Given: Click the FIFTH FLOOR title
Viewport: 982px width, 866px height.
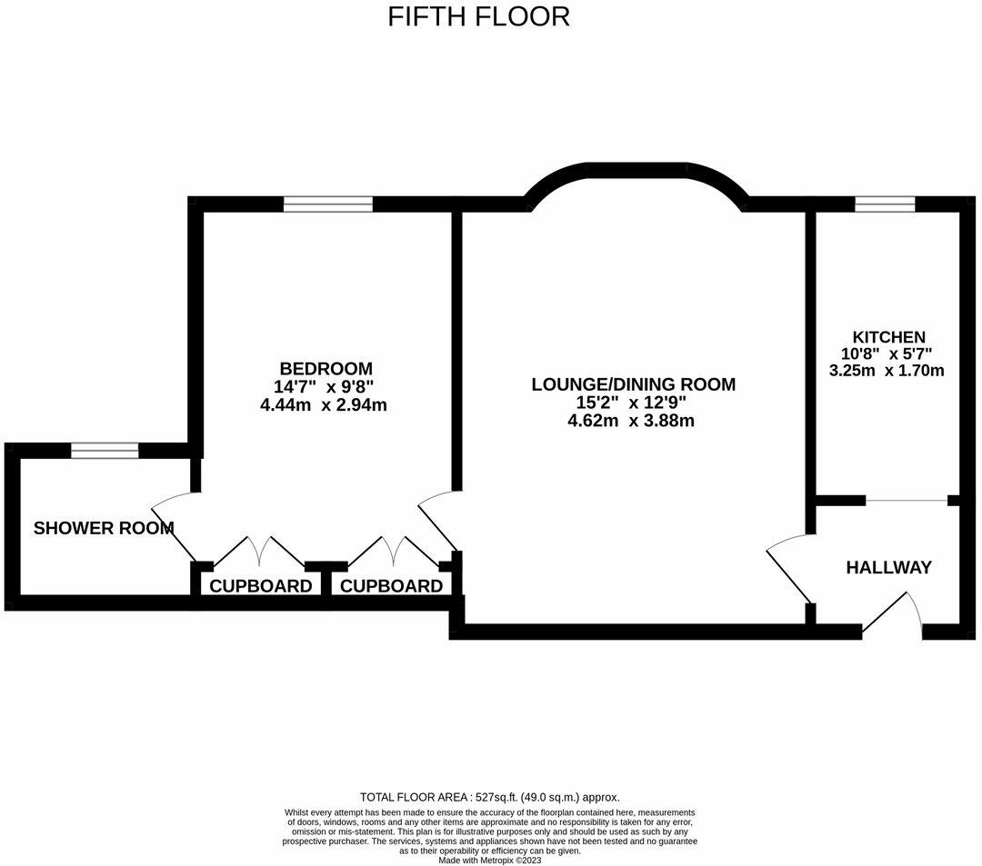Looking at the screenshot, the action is click(x=479, y=17).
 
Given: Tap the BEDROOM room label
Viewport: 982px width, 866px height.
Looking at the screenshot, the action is click(x=326, y=368).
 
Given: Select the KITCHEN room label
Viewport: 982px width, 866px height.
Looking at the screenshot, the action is click(x=888, y=337).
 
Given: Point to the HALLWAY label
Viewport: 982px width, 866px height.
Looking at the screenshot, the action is click(x=888, y=568).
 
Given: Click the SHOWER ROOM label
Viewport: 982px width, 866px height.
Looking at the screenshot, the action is click(x=104, y=528).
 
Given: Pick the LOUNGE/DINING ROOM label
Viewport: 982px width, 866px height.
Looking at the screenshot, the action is click(x=633, y=384).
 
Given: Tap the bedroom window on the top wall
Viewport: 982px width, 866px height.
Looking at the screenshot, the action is click(x=328, y=204).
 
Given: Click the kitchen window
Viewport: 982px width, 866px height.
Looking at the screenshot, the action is click(x=885, y=204).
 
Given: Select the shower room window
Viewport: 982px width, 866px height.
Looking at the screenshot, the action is click(x=105, y=451).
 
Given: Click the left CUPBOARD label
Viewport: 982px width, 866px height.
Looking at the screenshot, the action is click(x=261, y=586).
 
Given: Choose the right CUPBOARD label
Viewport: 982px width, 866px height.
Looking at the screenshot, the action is click(x=391, y=586).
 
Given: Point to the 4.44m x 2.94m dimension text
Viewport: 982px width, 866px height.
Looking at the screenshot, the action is click(x=323, y=405).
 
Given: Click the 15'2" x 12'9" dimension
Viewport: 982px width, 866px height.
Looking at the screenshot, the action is click(x=631, y=403).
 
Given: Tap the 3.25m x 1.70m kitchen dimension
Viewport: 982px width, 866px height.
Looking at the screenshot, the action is click(x=887, y=371).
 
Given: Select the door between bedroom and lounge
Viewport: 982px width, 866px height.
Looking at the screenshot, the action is click(x=438, y=522).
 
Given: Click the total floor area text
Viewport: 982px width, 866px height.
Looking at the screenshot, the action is click(x=490, y=797).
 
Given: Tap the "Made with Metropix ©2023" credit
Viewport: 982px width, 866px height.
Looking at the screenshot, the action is click(x=490, y=861).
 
